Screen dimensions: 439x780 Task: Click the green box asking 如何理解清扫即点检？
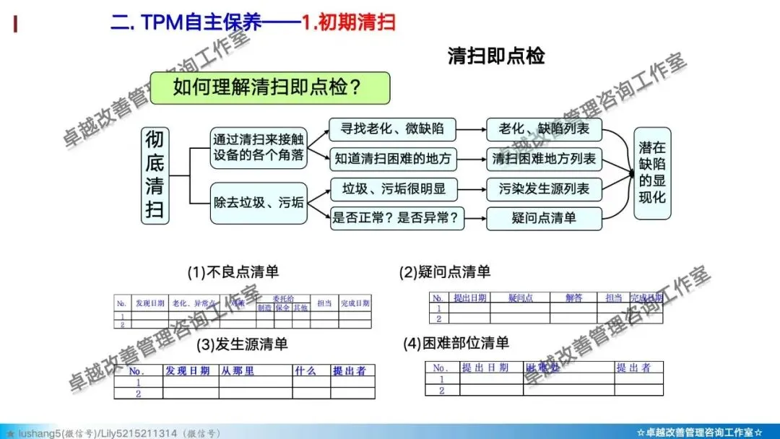click(269, 88)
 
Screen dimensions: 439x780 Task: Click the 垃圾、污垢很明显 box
click(389, 189)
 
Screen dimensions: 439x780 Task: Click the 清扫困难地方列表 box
click(544, 158)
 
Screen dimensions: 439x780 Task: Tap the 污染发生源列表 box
click(544, 189)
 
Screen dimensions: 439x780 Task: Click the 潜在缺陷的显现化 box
click(651, 173)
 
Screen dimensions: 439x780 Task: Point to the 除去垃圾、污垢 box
click(258, 203)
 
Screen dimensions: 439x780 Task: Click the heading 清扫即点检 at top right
click(496, 56)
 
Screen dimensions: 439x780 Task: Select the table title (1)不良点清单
click(233, 272)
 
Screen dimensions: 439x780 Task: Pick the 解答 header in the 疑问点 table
click(573, 297)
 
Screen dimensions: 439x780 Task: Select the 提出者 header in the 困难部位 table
click(633, 368)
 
